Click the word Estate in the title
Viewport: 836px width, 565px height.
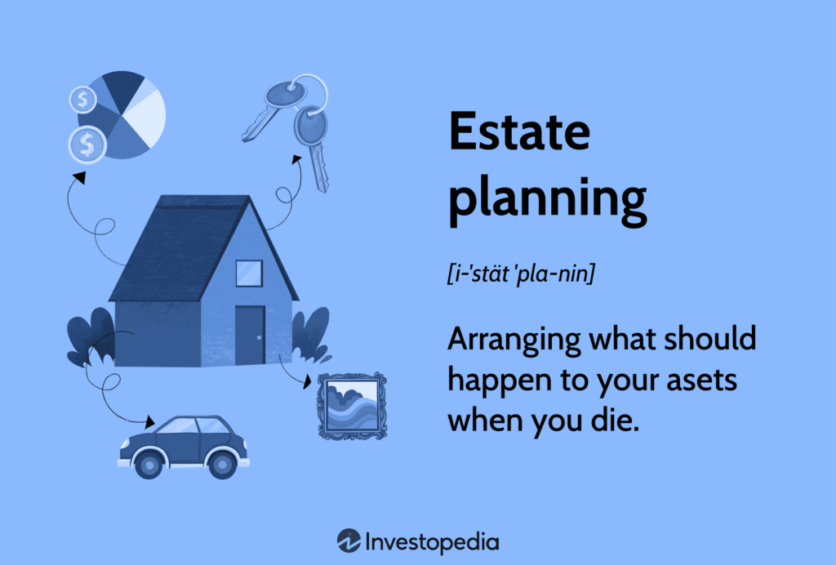[519, 133]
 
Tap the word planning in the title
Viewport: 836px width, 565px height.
[547, 201]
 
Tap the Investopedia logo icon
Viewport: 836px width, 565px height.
[349, 541]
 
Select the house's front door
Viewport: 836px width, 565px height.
[250, 335]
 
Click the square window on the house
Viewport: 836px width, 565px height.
[248, 274]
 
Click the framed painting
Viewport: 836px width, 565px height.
[352, 406]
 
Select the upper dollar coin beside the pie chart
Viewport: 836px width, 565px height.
[82, 101]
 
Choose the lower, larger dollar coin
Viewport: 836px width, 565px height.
[87, 146]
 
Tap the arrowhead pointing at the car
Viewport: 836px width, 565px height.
[149, 423]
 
